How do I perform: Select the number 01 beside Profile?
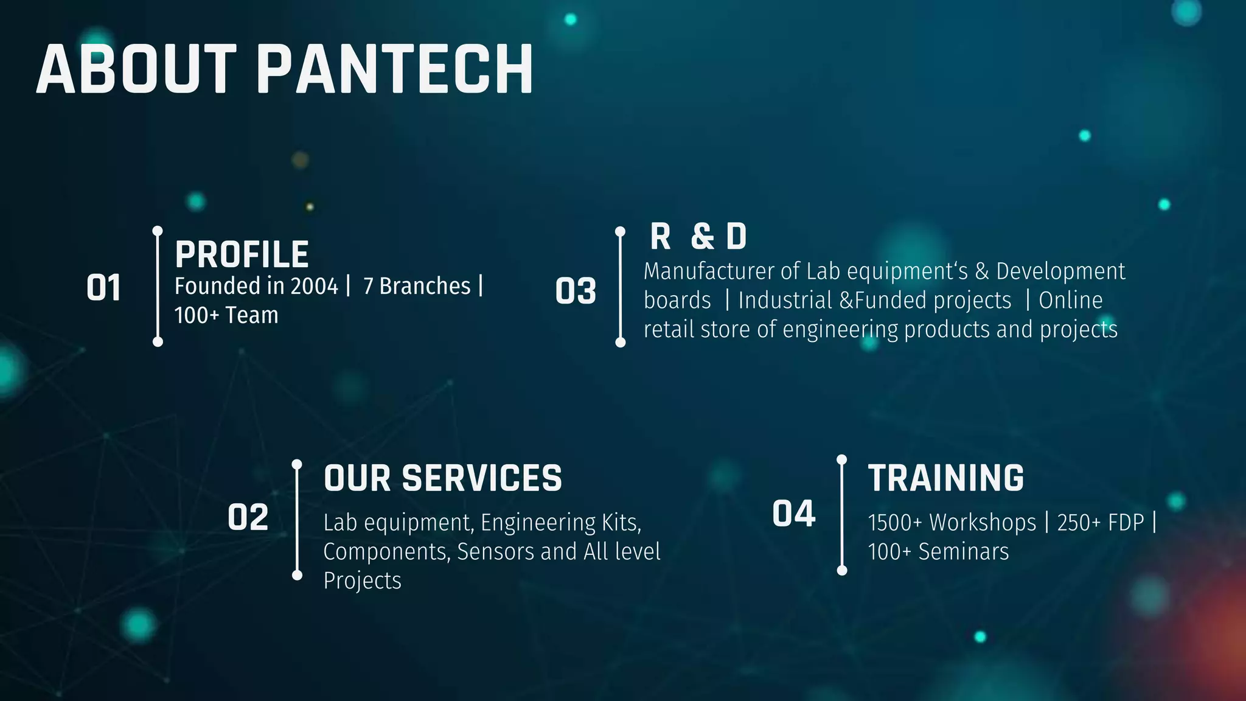coord(103,288)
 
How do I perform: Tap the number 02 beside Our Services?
coord(248,518)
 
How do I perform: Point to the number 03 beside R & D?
coord(576,291)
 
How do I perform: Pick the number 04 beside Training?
coord(793,514)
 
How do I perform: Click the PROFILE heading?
coord(242,254)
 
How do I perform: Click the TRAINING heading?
coord(946,478)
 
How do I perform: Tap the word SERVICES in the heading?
coord(482,478)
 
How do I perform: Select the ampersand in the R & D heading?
coord(702,237)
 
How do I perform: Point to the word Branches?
coord(425,286)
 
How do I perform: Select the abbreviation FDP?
coord(1126,523)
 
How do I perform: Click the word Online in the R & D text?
coord(1070,301)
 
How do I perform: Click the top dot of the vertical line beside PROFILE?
coord(158,231)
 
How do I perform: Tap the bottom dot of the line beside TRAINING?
coord(842,570)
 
